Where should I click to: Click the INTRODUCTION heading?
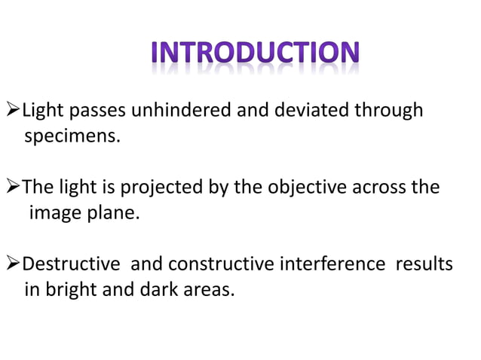[x=255, y=53]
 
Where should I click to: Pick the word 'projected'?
[x=170, y=187]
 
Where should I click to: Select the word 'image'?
[x=54, y=213]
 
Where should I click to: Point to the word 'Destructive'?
[x=71, y=264]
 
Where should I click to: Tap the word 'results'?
[x=425, y=264]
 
